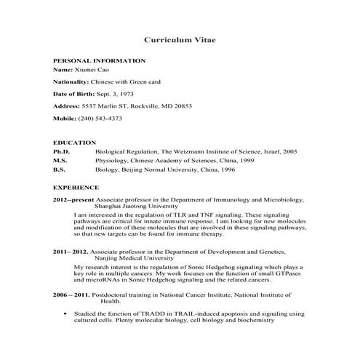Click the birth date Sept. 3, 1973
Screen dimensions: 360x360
[117, 93]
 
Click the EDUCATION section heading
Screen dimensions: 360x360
[74, 142]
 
